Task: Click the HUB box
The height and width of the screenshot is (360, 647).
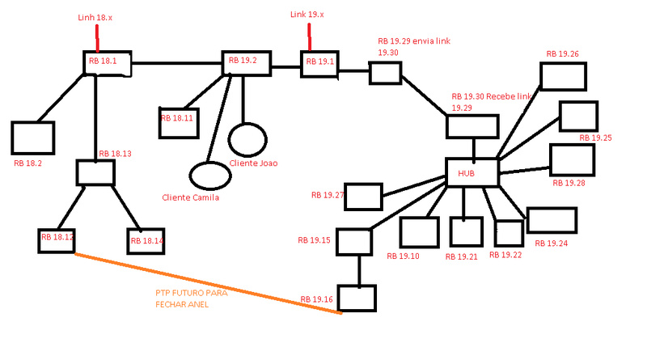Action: tap(472, 172)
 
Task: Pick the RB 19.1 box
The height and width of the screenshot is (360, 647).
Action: tap(319, 64)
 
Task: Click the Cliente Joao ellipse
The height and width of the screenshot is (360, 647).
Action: tap(247, 138)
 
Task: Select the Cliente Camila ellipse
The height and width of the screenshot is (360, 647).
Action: tap(209, 174)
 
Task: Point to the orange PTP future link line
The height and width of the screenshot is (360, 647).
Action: tap(206, 282)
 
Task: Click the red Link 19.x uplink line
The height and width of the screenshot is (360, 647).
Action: tap(310, 37)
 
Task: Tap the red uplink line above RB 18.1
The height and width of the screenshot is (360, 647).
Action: tap(97, 37)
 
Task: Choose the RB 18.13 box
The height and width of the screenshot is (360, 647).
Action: tap(95, 172)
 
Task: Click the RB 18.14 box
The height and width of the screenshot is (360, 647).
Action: tap(146, 240)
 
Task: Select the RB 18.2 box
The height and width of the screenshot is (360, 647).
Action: tap(33, 138)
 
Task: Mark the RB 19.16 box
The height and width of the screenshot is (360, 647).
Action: tap(357, 297)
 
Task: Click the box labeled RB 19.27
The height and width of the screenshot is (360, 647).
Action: tap(362, 197)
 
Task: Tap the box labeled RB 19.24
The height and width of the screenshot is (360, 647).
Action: tap(552, 220)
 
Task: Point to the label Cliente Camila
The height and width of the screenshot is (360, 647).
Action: tap(190, 197)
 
